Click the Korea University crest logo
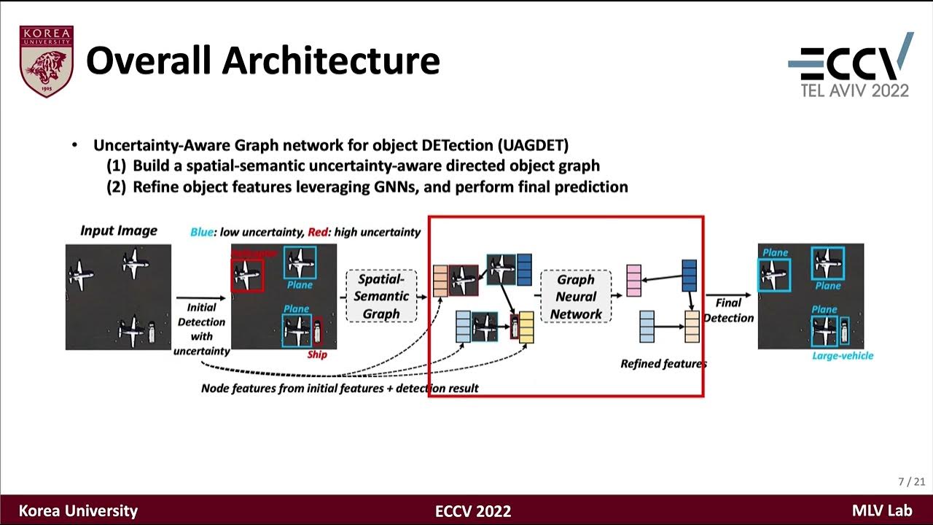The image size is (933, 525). (x=47, y=61)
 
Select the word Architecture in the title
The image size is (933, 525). (x=331, y=61)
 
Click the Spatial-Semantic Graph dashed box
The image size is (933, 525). (x=381, y=296)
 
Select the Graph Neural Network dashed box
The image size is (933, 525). (x=576, y=297)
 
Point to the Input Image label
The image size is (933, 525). (x=118, y=230)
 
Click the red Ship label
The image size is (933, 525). (x=317, y=355)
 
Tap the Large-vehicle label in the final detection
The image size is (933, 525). (x=842, y=356)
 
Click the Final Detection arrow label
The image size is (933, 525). (x=728, y=310)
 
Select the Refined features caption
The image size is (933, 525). (x=663, y=363)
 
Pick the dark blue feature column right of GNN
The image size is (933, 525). (x=689, y=276)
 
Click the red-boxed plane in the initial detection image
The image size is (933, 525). (x=248, y=276)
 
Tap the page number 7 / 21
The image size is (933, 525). (x=911, y=482)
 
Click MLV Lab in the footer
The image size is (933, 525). (x=881, y=511)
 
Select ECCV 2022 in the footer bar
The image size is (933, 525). (x=473, y=511)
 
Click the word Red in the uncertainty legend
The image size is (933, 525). (x=317, y=232)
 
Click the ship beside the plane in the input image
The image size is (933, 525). (x=151, y=332)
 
